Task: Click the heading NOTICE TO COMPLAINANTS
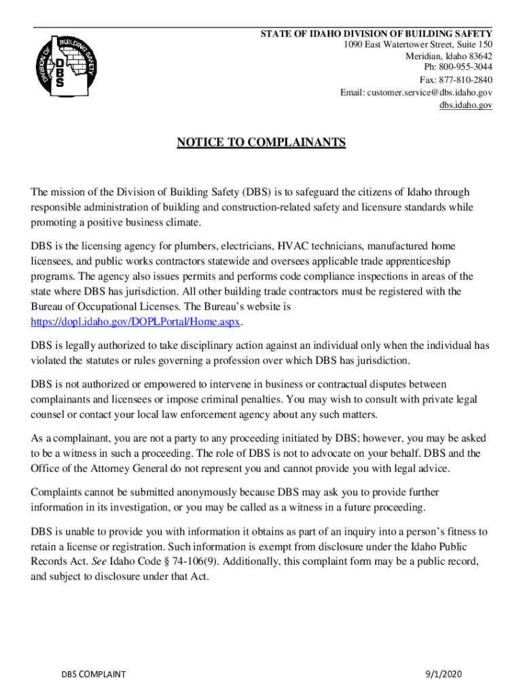click(x=261, y=143)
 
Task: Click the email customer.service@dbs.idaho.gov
click(x=430, y=93)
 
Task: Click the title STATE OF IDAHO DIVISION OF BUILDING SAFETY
click(x=377, y=33)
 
